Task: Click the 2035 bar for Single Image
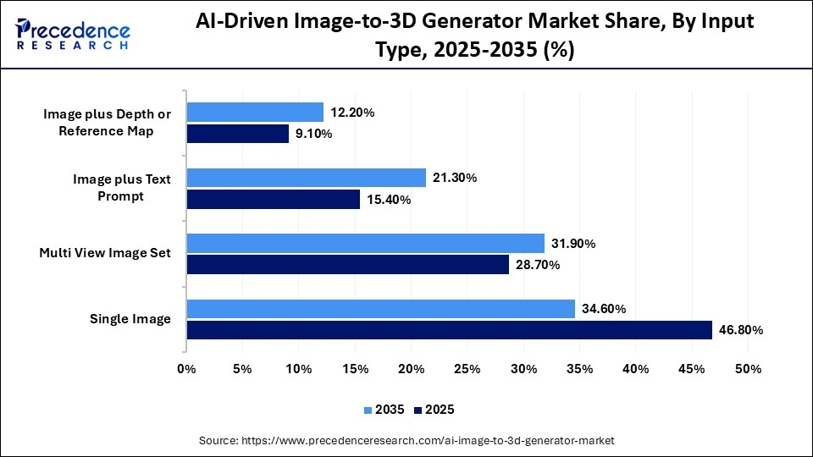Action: pos(380,309)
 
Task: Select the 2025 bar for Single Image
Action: pos(449,330)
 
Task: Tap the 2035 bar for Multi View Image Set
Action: pos(365,244)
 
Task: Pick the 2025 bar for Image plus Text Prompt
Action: pos(273,199)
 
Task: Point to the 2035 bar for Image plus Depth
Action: pos(255,112)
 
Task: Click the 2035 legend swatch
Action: pos(368,410)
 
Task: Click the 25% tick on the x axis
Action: pos(467,369)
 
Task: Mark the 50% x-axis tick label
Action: pos(748,369)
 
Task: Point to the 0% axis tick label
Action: pos(186,369)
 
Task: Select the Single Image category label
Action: pos(130,319)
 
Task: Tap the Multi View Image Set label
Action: pos(105,253)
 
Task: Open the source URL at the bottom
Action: pos(406,441)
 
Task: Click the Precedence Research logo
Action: pos(73,35)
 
